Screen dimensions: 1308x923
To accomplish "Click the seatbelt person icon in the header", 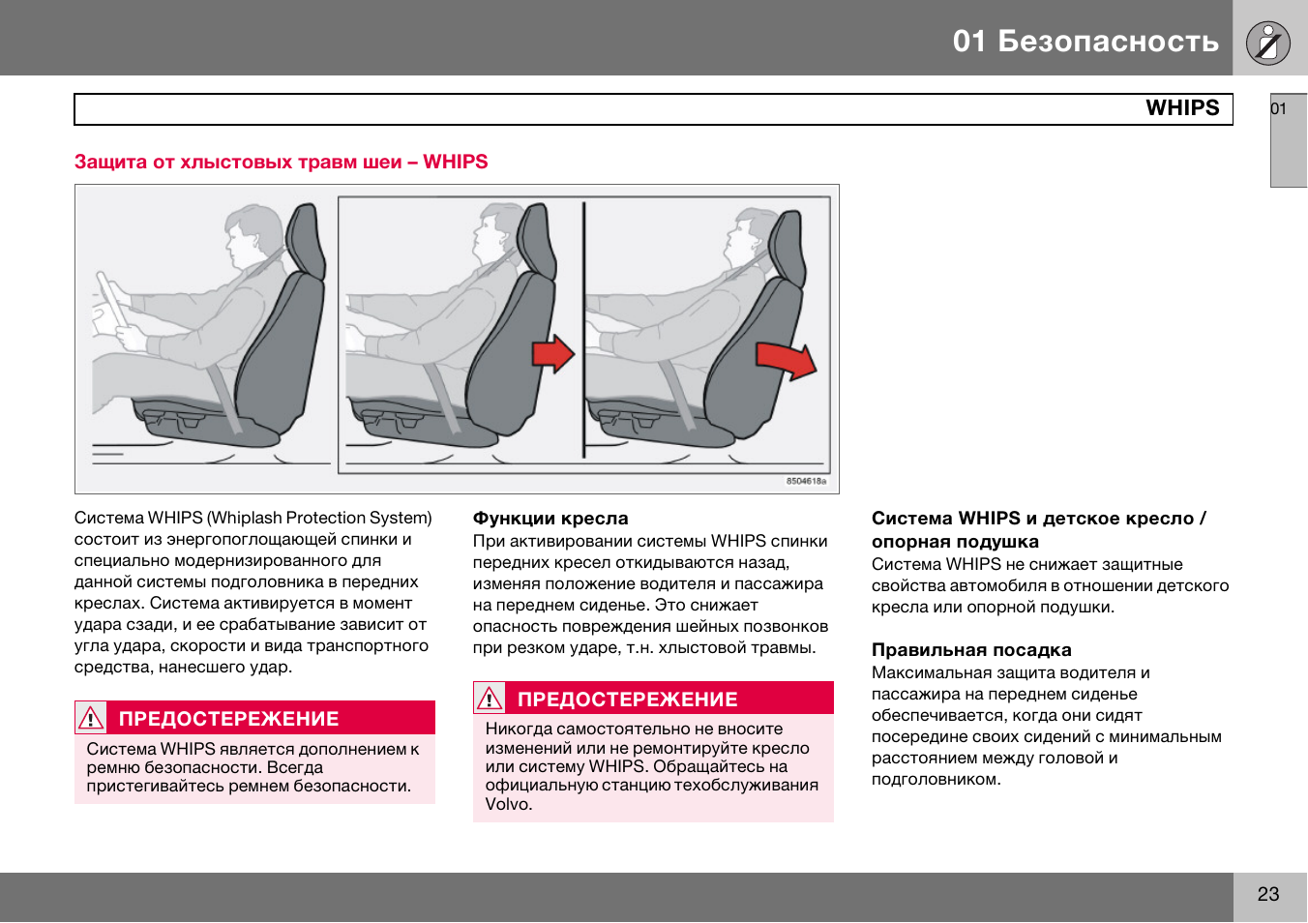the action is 1267,43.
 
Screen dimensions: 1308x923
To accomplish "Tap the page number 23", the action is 1267,894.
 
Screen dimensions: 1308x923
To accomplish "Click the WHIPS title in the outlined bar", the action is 1182,108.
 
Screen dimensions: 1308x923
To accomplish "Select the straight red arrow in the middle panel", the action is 553,354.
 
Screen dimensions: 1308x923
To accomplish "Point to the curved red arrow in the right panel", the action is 786,362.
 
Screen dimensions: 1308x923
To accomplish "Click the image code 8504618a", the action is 806,481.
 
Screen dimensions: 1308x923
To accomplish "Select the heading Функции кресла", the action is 550,518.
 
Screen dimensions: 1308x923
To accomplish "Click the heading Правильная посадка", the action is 971,649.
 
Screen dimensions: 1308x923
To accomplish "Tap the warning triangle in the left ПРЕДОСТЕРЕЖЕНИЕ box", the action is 91,718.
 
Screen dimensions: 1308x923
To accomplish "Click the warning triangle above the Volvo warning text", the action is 489,699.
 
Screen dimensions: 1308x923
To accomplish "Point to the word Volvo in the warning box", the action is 508,804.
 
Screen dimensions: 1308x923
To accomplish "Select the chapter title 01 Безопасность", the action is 1085,42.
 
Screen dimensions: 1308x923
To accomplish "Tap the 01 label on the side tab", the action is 1278,109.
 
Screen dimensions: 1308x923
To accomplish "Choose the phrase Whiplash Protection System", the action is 320,518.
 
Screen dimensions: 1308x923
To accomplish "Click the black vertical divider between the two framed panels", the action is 583,330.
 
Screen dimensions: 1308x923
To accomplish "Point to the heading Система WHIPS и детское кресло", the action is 1038,518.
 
